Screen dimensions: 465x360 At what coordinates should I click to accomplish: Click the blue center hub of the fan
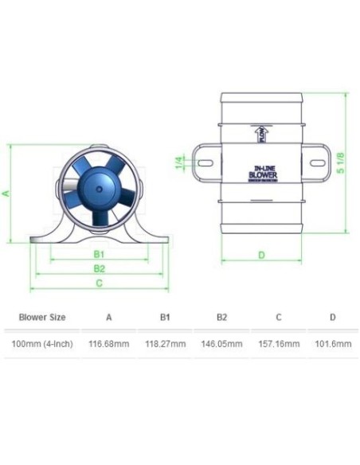(x=99, y=191)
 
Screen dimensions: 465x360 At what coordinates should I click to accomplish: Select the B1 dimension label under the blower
(x=99, y=254)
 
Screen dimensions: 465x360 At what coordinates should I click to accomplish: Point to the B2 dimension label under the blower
(x=99, y=268)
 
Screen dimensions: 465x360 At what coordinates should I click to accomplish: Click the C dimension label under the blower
(x=99, y=283)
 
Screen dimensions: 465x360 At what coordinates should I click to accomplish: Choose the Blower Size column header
(x=41, y=317)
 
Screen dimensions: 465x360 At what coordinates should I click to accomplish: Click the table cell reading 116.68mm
(x=108, y=344)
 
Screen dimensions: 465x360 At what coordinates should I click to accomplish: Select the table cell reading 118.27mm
(x=166, y=344)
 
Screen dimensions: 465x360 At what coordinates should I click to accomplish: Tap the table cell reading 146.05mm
(x=222, y=344)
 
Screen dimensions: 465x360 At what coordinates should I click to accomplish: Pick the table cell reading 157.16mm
(x=279, y=344)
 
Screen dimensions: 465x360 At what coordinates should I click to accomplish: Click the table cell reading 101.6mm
(x=332, y=344)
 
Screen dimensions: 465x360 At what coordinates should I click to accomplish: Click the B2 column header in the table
(x=222, y=317)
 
